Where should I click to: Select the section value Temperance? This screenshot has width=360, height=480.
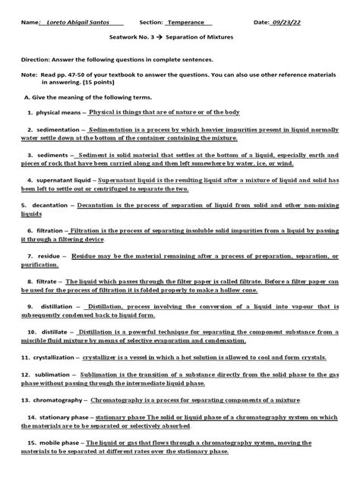pyautogui.click(x=190, y=23)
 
